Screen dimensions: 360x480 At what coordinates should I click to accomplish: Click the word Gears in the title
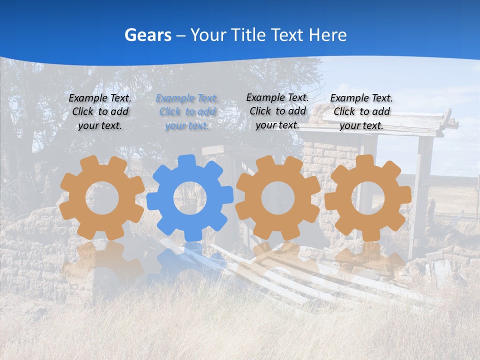(x=147, y=35)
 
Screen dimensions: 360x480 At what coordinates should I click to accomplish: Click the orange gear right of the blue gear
(x=277, y=197)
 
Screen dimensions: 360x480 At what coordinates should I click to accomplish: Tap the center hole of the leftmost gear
(x=102, y=198)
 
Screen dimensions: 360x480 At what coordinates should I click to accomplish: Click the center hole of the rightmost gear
(x=368, y=197)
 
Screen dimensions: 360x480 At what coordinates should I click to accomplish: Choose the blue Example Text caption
(x=187, y=112)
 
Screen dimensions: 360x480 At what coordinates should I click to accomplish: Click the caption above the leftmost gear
(x=100, y=111)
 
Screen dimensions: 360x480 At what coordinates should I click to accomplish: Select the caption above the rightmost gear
(x=361, y=111)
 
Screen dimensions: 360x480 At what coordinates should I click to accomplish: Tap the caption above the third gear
(x=277, y=111)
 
